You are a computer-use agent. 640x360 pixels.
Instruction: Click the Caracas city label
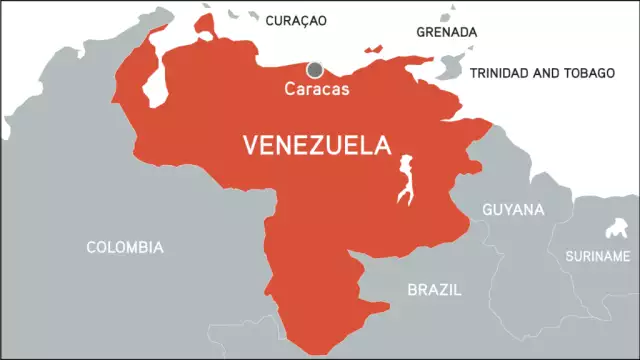[316, 88]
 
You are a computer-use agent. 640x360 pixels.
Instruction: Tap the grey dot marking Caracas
[315, 69]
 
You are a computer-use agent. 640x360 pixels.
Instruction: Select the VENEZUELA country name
[316, 146]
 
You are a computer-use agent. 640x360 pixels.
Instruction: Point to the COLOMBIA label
[125, 247]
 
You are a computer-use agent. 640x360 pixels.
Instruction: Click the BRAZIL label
[435, 290]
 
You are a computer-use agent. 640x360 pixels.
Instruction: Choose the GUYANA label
[513, 210]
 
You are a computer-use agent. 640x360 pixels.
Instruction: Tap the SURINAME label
[597, 256]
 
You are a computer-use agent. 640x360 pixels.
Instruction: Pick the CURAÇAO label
[297, 20]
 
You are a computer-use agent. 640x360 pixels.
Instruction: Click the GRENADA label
[446, 32]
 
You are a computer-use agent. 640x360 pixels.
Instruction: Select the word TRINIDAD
[500, 73]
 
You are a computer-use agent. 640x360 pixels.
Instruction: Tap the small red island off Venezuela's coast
[374, 47]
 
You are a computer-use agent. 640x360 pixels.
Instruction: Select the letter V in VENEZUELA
[250, 146]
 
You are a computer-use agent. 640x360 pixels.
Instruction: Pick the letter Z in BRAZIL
[446, 290]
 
